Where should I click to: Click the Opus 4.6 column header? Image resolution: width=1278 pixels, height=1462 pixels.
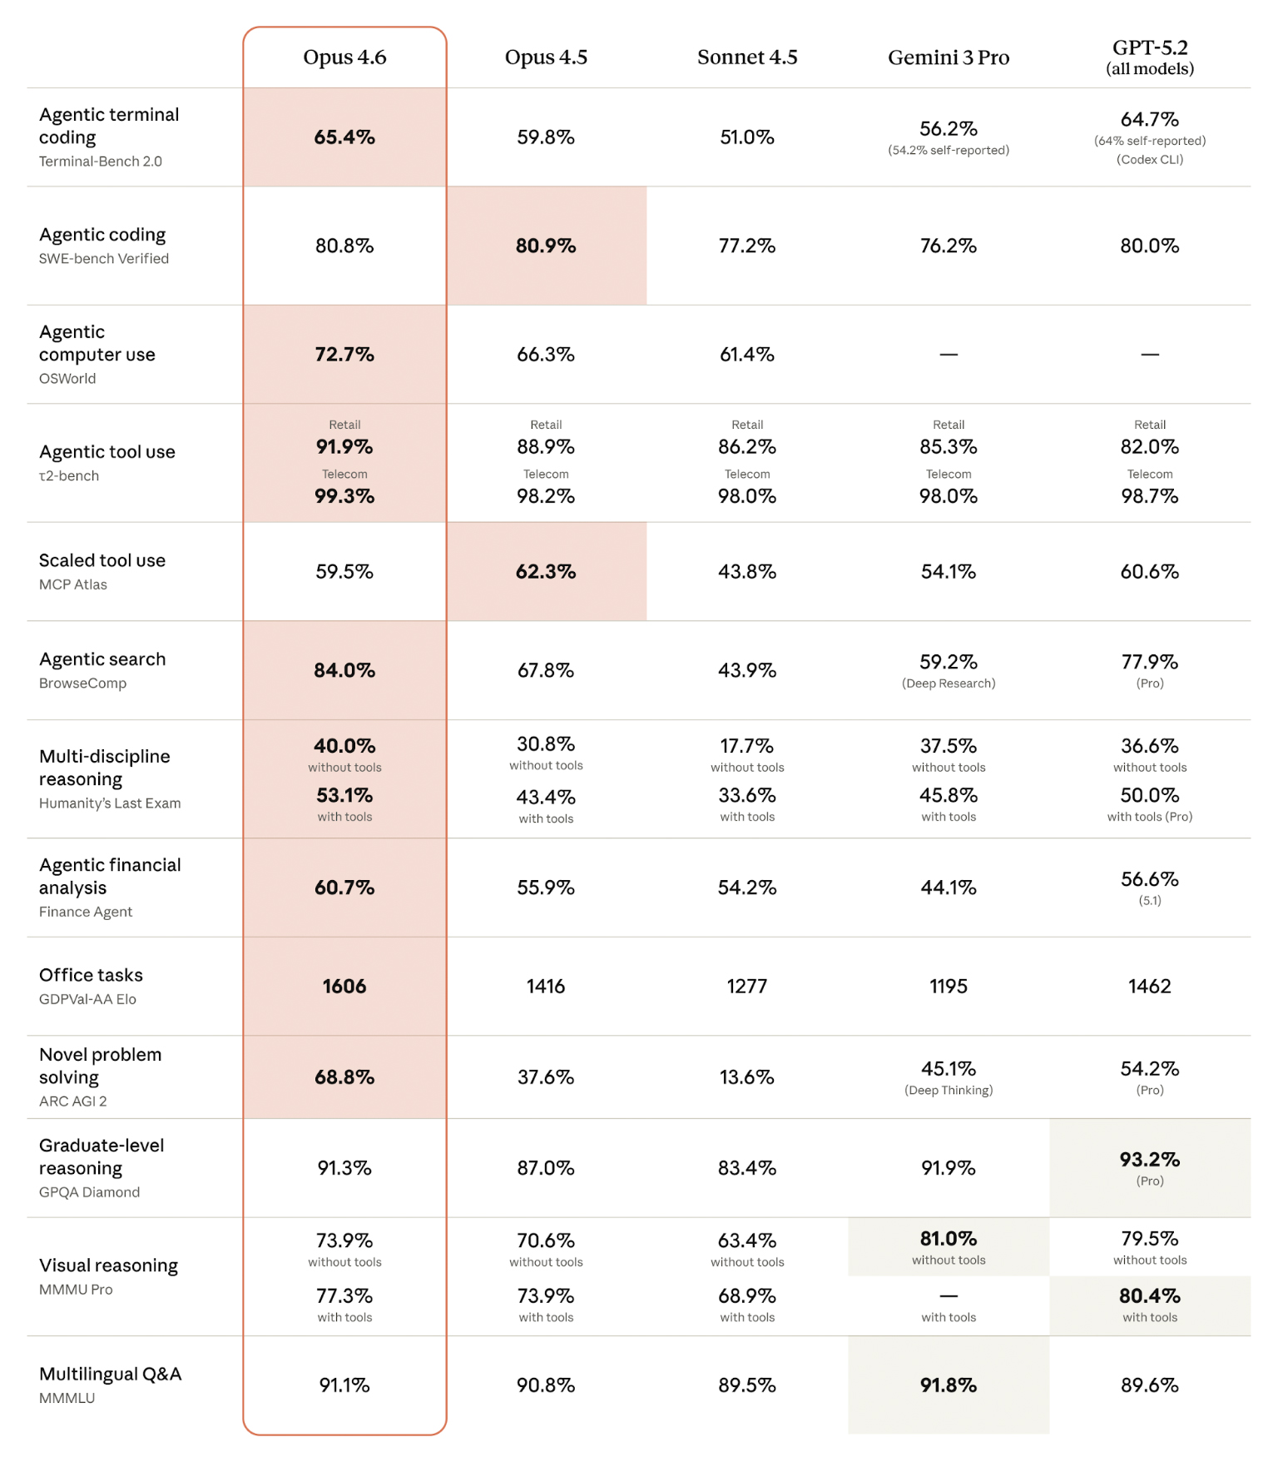tap(344, 57)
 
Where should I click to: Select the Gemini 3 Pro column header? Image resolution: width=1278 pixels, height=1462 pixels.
tap(948, 57)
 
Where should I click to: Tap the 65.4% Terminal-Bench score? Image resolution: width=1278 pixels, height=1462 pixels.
tap(344, 137)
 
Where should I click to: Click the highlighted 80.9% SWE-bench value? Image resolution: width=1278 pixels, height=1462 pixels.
tap(546, 246)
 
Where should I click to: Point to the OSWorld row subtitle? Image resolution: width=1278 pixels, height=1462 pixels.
tap(67, 379)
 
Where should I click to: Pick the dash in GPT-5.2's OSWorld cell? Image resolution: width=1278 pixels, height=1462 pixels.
tap(1149, 355)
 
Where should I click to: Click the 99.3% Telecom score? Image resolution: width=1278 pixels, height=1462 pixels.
tap(344, 496)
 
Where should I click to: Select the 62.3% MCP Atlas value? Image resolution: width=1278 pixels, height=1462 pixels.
tap(546, 572)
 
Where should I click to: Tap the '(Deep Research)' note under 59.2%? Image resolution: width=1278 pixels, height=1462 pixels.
tap(948, 684)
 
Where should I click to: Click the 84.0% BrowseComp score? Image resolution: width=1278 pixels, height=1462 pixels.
tap(344, 670)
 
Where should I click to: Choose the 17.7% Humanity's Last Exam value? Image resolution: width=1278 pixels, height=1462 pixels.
tap(746, 746)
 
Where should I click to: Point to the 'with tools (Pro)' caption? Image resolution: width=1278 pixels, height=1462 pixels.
tap(1149, 817)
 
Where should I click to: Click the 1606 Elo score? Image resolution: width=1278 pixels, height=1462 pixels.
tap(344, 987)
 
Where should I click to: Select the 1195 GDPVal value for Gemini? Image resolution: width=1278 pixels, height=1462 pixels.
tap(948, 987)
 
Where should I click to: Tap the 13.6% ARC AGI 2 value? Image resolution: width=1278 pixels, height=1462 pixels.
tap(746, 1077)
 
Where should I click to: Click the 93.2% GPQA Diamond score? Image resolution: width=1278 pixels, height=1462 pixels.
tap(1149, 1160)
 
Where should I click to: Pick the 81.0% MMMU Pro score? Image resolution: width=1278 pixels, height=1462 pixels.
tap(948, 1239)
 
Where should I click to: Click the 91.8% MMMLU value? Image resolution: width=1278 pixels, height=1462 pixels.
tap(948, 1385)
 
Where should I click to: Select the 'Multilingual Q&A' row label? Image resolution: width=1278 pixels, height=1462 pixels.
tap(110, 1375)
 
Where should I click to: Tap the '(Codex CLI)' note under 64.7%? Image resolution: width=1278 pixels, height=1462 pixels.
tap(1149, 160)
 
